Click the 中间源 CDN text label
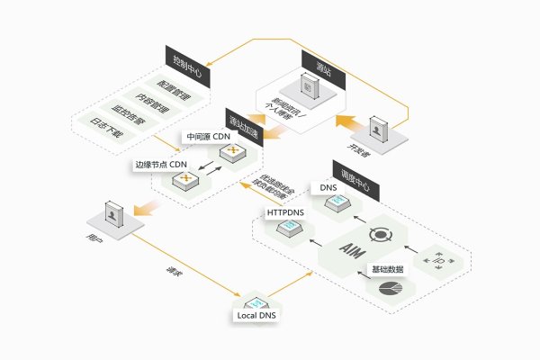[x=207, y=137]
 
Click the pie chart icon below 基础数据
[x=391, y=290]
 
